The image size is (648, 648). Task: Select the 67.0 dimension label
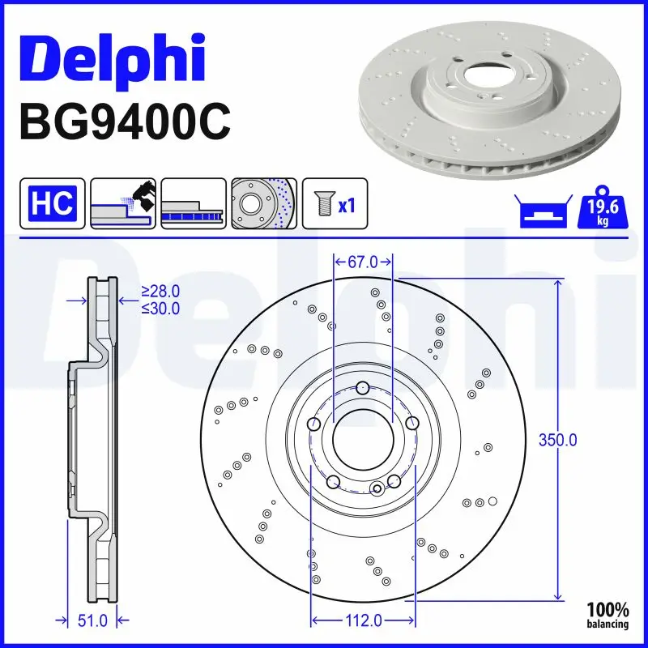(363, 262)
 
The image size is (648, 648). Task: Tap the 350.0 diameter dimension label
(558, 441)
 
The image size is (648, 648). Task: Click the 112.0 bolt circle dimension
(362, 620)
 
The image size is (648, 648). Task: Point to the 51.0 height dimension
(92, 620)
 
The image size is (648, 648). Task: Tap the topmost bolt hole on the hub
(363, 386)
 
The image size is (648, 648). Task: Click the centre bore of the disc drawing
(363, 439)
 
